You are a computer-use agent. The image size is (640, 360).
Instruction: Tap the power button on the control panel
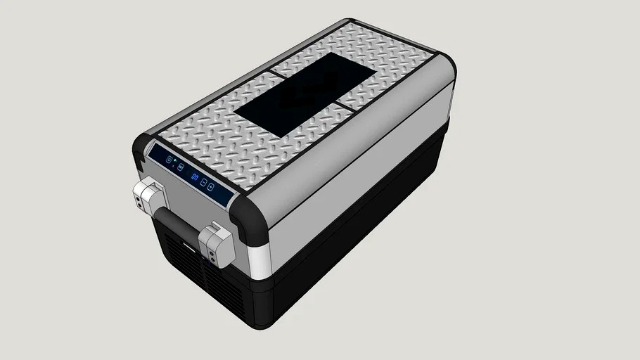click(x=169, y=160)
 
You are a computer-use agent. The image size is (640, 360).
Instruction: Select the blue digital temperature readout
click(x=194, y=176)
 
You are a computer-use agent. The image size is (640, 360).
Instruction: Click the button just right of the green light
click(x=181, y=167)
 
